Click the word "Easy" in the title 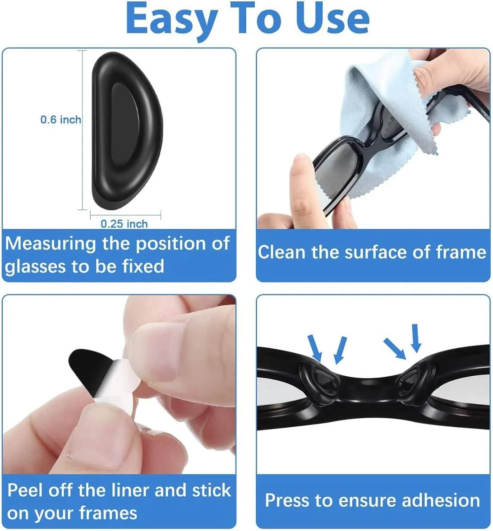click(172, 20)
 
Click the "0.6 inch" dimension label click(61, 120)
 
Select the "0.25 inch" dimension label click(124, 224)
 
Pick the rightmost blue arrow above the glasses click(416, 337)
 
